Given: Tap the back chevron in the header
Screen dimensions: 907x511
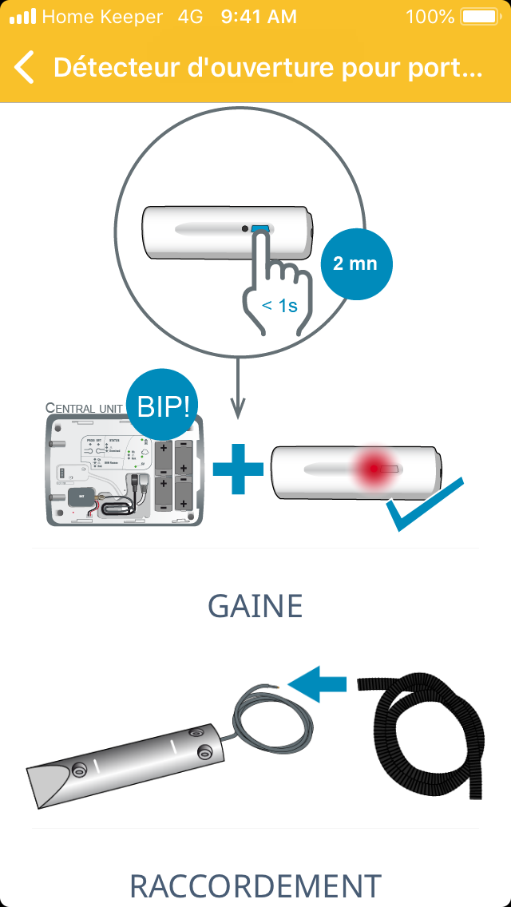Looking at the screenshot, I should click(x=25, y=68).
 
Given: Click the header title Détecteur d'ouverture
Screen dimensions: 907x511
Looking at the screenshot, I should click(x=267, y=68).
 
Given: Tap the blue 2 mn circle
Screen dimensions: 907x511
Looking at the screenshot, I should click(x=355, y=263).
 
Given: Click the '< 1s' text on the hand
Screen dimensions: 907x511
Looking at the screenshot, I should click(x=279, y=304).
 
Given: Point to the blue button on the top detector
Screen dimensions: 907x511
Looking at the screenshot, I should click(x=260, y=229).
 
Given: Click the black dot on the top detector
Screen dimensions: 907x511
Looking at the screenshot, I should click(x=244, y=229).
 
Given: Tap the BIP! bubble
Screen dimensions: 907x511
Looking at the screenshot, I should click(x=164, y=406).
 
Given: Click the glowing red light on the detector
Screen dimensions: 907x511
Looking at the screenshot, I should click(x=374, y=469).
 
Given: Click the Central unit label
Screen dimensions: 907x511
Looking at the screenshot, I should click(x=84, y=408).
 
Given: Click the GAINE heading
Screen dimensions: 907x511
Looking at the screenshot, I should click(x=255, y=607).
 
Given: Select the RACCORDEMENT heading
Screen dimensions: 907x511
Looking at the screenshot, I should click(x=255, y=885).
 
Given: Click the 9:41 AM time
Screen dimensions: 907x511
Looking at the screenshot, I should click(x=259, y=16).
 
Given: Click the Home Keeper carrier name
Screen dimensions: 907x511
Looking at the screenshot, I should click(x=101, y=16).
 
